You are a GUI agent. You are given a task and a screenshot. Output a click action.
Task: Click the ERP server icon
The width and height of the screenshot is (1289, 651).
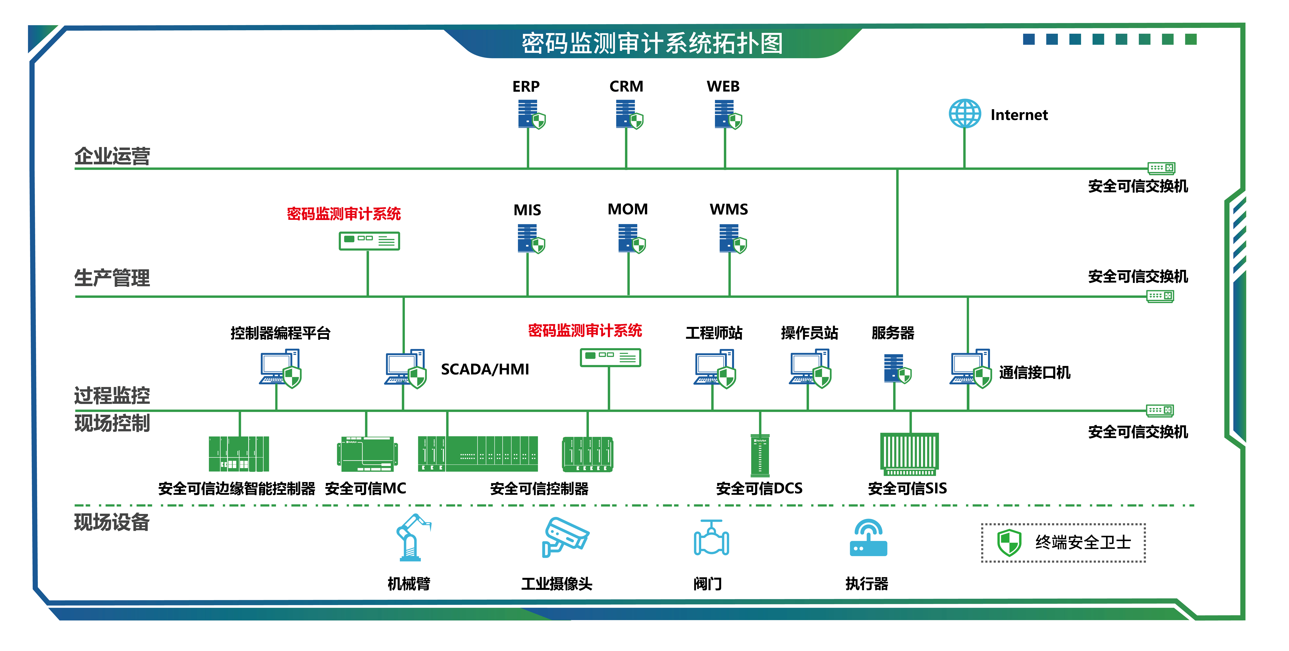(x=530, y=115)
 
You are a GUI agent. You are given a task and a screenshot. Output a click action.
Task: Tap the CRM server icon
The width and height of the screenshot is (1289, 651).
(x=628, y=115)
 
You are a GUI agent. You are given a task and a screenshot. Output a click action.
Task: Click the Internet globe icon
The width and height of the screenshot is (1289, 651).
(x=965, y=114)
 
